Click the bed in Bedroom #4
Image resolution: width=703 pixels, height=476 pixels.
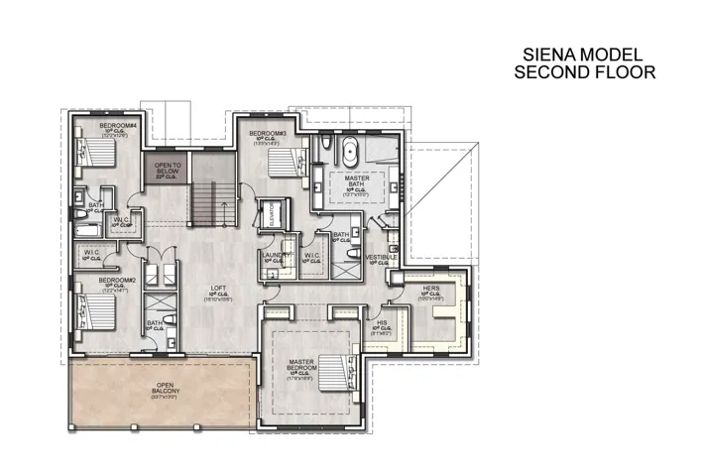99,153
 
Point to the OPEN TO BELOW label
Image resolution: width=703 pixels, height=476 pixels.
167,167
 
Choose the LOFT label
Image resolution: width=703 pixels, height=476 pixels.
218,290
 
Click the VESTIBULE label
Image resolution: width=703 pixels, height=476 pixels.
382,258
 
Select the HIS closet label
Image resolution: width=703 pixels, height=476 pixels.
382,323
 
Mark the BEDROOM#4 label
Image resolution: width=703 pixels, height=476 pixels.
116,125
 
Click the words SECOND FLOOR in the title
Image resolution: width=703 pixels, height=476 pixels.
584,72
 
